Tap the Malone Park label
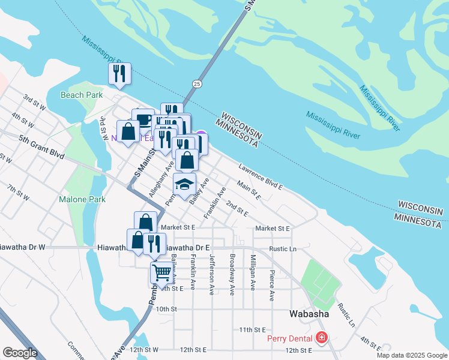(x=82, y=199)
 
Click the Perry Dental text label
(x=291, y=338)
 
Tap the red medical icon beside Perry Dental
(x=322, y=338)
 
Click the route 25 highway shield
(x=197, y=83)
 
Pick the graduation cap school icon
(x=185, y=184)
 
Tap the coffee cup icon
(x=143, y=118)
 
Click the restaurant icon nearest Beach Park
(x=119, y=73)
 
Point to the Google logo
(x=20, y=353)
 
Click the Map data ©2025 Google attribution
(x=412, y=355)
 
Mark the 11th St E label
(x=252, y=330)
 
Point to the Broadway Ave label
(x=232, y=274)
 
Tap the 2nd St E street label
(x=237, y=209)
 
